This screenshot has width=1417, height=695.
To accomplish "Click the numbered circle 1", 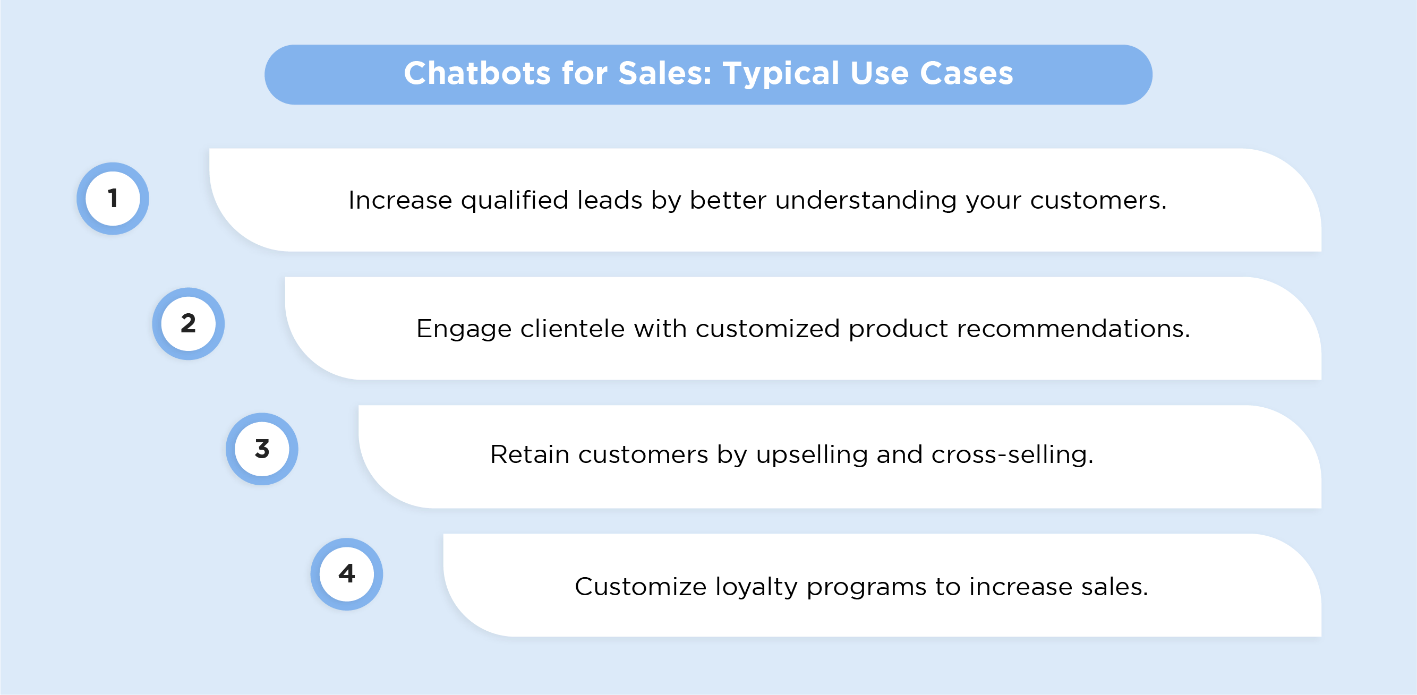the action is (113, 199).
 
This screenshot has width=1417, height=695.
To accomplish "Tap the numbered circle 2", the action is (188, 324).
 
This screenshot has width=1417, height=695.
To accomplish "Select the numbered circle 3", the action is (262, 449).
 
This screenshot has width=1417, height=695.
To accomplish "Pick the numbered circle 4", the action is (346, 574).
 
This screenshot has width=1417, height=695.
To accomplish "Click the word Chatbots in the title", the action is (477, 73).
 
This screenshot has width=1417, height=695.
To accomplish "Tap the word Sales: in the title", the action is (664, 73).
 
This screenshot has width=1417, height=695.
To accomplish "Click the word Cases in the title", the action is (967, 73).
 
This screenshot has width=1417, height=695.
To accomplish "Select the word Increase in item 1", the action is (400, 200).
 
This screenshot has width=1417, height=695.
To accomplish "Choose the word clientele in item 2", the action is (572, 328).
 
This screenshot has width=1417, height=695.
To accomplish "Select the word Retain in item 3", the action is (529, 454).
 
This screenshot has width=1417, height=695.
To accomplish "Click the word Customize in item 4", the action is (641, 587).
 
